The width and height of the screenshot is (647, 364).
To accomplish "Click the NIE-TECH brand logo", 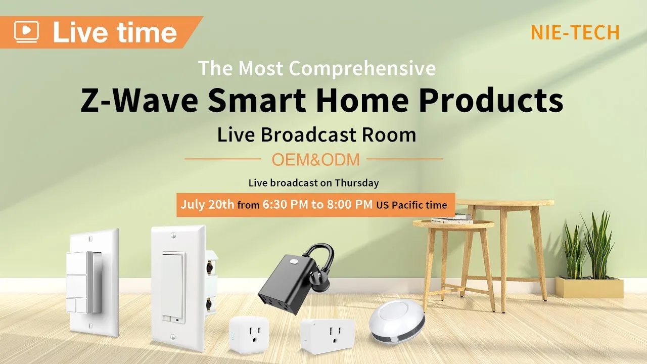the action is click(575, 32).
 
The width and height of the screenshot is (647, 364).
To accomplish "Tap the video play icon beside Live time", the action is click(26, 31).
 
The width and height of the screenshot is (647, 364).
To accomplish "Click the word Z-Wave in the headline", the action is click(139, 100).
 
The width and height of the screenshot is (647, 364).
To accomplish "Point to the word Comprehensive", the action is click(362, 69).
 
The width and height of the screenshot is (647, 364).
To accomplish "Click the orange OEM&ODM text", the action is click(316, 160).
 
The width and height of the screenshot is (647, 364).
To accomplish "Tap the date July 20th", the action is click(207, 205).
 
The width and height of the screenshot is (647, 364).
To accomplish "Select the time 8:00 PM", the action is click(349, 205).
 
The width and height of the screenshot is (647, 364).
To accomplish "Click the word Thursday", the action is click(357, 183).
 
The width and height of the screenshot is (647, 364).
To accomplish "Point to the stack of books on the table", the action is click(452, 219).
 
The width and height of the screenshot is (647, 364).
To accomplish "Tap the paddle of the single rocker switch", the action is click(173, 287).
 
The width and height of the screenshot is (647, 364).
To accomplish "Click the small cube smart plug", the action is click(249, 335).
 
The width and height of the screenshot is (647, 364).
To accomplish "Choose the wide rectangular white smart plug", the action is click(327, 336).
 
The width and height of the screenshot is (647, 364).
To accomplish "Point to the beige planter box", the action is click(589, 287).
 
